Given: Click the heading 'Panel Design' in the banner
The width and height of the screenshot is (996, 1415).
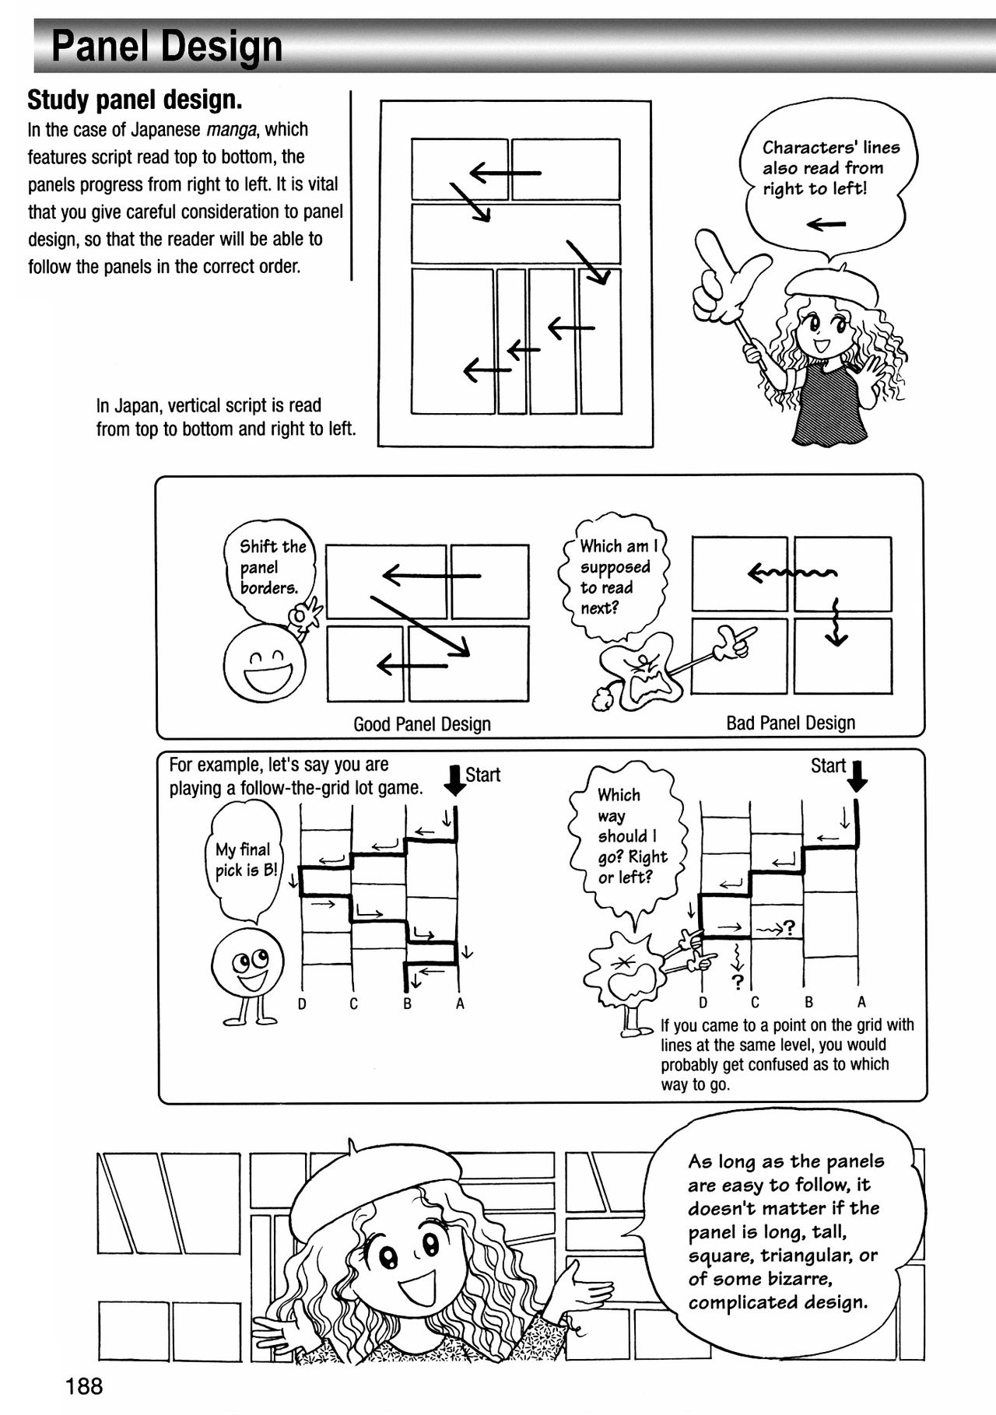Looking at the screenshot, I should (x=167, y=47).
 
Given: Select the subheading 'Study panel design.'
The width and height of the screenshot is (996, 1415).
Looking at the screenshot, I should (x=135, y=100).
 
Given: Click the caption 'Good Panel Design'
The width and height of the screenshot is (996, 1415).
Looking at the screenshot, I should (x=422, y=724).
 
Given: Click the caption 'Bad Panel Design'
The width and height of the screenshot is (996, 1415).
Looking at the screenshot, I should (x=790, y=723).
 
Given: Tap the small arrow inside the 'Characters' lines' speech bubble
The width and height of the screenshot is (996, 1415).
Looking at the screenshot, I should (x=826, y=225).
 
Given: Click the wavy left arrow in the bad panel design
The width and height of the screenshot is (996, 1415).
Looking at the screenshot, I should (x=791, y=574).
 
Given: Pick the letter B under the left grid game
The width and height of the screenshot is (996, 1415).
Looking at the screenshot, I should (x=407, y=1004).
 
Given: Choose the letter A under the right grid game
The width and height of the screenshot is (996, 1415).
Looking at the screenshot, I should (x=861, y=1002).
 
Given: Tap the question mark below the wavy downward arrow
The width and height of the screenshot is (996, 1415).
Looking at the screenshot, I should (x=738, y=981).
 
